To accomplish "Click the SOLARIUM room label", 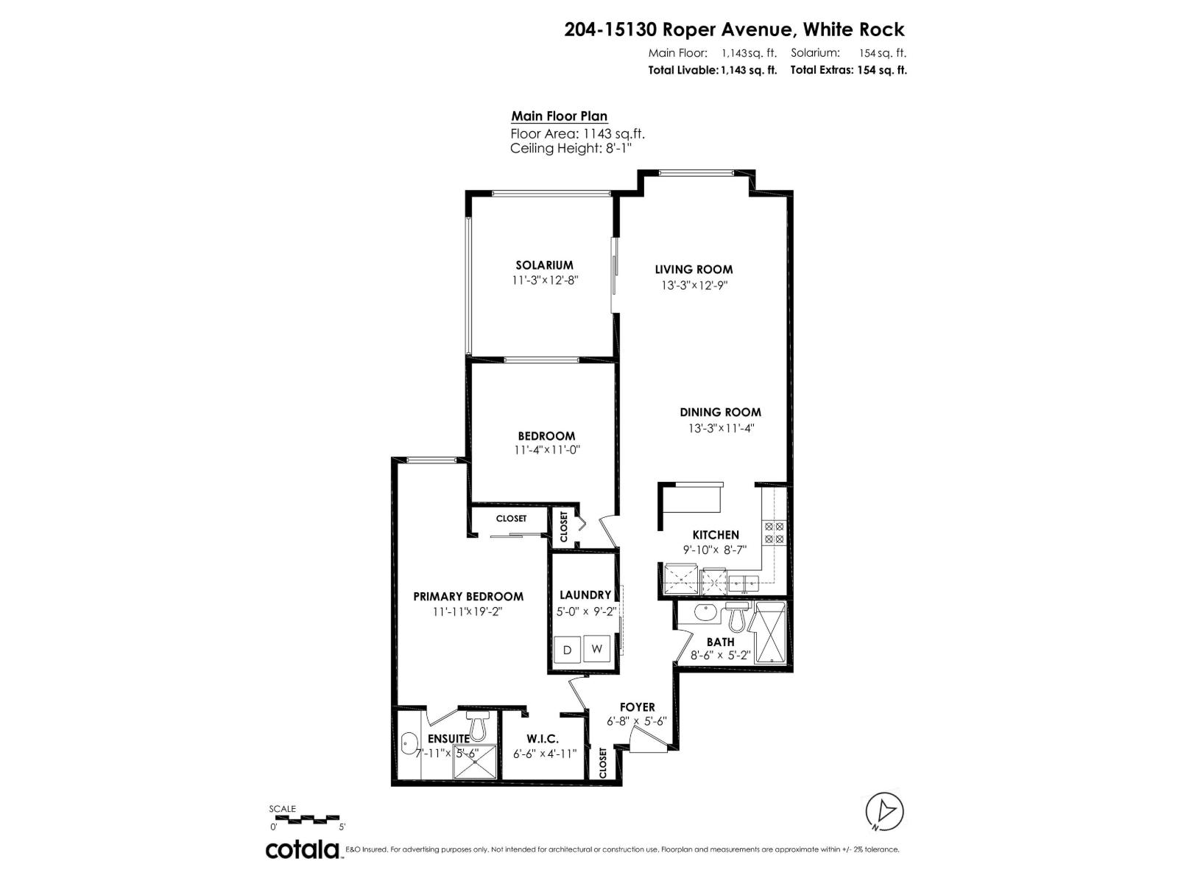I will pos(544,265).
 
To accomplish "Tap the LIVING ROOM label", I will pos(694,270).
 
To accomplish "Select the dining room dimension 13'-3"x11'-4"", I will pos(720,428).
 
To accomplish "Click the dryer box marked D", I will pos(567,650).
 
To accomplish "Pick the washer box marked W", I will pos(597,649).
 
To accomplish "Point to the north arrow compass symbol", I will pos(884,811).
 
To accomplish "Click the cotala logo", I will pos(302,849).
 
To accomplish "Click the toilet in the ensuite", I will pos(478,726).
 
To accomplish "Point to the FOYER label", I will pos(637,707).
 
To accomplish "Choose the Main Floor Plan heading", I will pos(560,116).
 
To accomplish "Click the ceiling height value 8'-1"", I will pos(616,149).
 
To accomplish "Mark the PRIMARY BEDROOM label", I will pos(468,597).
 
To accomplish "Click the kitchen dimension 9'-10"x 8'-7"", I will pos(715,550).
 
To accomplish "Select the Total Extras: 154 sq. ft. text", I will pos(848,71).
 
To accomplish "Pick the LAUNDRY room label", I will pos(585,595).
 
